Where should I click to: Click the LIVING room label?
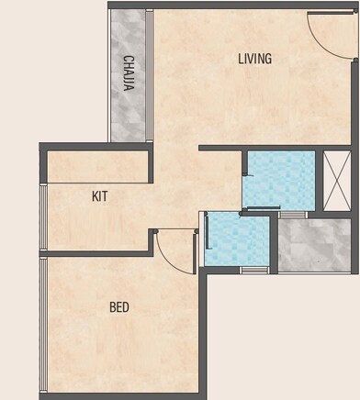tap(254, 60)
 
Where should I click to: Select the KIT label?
tap(101, 195)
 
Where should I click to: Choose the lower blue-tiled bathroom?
tap(237, 240)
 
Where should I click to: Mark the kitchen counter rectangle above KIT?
tap(98, 165)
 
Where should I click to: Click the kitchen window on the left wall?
tap(41, 217)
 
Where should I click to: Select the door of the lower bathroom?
tap(209, 239)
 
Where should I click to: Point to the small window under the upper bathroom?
tap(292, 215)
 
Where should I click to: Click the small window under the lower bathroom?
tap(253, 270)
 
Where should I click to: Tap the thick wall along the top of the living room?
tap(230, 6)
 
